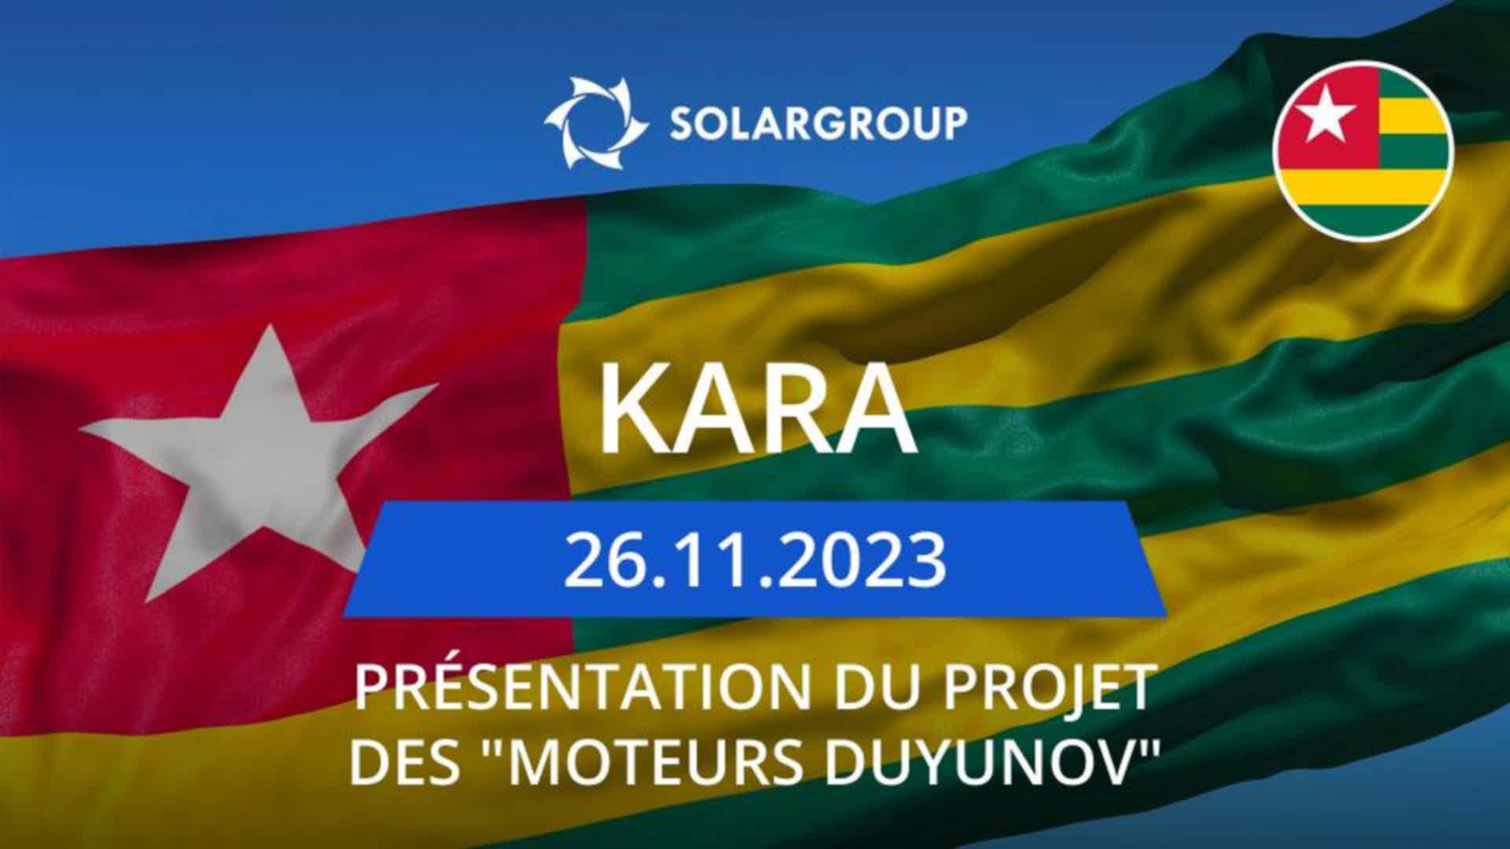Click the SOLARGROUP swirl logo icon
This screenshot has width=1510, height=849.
(x=595, y=123)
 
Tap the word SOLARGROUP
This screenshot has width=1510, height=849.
(x=818, y=123)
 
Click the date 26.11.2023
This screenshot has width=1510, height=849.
(x=754, y=560)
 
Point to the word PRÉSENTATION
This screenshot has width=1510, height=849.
(x=582, y=687)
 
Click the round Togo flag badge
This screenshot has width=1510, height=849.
(x=1363, y=150)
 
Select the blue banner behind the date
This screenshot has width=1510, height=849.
(x=754, y=560)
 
